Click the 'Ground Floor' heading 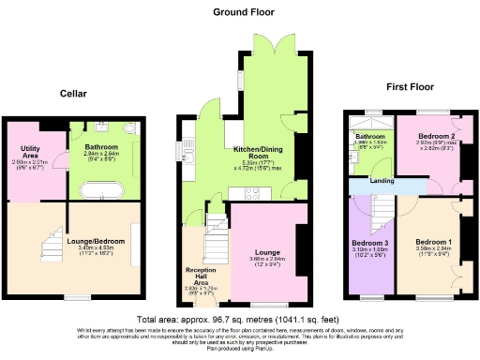point(243,11)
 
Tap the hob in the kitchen point(253,192)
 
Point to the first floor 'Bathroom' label point(366,136)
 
